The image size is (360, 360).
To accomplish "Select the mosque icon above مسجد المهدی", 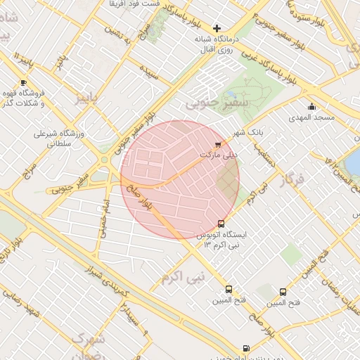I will (x=311, y=107).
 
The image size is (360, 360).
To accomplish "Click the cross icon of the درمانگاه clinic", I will (x=217, y=28).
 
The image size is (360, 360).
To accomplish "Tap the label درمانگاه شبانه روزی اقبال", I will (x=218, y=44).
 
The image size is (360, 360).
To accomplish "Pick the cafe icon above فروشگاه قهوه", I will (x=24, y=82).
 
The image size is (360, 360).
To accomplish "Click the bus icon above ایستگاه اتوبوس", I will (x=222, y=224).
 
